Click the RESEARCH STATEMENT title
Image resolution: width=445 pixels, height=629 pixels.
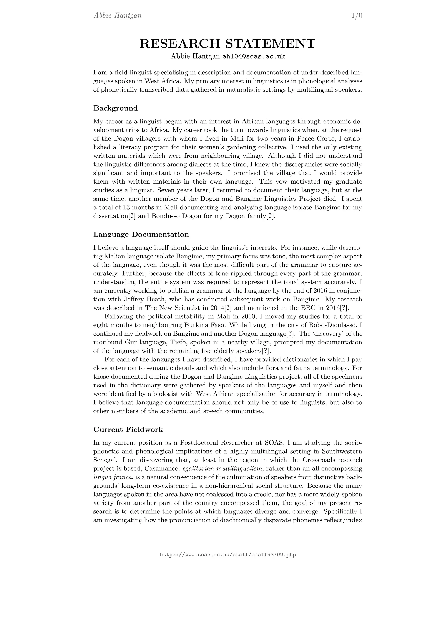click(x=228, y=44)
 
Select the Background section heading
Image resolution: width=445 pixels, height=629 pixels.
click(x=115, y=108)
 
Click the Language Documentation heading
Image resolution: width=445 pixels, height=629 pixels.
click(x=141, y=235)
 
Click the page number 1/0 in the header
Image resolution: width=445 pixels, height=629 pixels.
click(x=357, y=16)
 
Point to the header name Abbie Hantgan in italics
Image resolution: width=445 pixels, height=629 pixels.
click(x=118, y=16)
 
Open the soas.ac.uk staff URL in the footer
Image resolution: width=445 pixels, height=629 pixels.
click(x=228, y=555)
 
